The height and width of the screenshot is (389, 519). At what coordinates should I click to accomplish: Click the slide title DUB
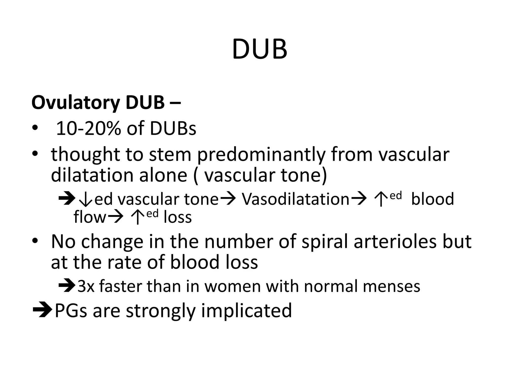tap(259, 50)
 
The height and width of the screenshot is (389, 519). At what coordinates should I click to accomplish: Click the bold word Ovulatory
tap(76, 103)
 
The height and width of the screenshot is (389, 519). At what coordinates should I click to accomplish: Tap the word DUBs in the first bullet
tap(173, 129)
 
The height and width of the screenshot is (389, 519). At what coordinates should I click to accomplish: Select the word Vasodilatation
tap(295, 199)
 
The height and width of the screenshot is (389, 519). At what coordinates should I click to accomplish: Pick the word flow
tap(90, 217)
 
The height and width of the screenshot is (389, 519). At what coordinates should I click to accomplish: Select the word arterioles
tap(395, 242)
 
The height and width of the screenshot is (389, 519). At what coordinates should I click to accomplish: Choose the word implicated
tap(246, 310)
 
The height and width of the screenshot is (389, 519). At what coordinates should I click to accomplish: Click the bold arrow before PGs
tap(42, 310)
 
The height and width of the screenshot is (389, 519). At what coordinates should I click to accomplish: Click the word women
tap(233, 286)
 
